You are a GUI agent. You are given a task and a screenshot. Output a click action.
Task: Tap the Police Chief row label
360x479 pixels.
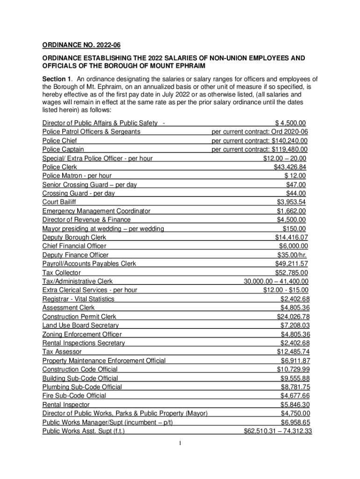[60, 140]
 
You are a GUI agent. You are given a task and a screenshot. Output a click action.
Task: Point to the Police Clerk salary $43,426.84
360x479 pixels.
[290, 167]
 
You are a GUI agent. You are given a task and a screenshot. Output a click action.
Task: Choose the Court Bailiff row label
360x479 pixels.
[59, 202]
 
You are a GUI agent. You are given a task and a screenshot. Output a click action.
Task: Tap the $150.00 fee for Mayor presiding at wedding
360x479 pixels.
[294, 229]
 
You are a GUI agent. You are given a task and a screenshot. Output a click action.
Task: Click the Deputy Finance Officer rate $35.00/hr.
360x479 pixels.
[292, 255]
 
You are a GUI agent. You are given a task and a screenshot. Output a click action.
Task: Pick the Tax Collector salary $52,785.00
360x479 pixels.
[291, 273]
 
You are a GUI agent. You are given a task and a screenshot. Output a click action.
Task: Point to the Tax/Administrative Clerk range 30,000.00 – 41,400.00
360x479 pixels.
[276, 282]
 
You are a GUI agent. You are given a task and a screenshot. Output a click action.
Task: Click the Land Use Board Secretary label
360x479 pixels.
[80, 325]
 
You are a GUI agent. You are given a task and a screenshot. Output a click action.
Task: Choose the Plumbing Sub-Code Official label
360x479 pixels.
[82, 387]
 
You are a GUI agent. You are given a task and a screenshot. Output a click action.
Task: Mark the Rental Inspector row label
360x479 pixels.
[66, 405]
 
